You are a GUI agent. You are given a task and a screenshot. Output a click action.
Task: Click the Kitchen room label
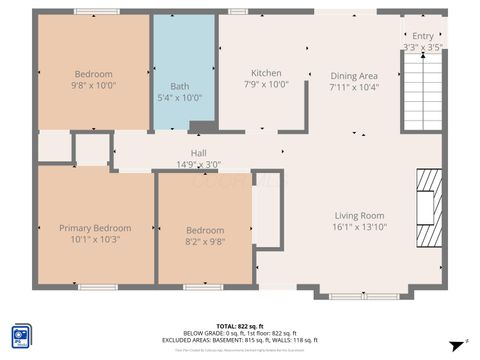pyautogui.click(x=266, y=73)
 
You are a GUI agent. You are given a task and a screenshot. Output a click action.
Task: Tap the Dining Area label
pyautogui.click(x=354, y=76)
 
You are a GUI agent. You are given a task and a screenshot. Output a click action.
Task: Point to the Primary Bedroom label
pyautogui.click(x=95, y=228)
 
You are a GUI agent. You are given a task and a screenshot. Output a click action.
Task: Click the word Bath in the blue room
pyautogui.click(x=180, y=86)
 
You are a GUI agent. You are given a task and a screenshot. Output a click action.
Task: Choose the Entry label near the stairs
pyautogui.click(x=423, y=36)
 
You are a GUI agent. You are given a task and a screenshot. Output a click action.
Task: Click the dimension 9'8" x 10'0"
pyautogui.click(x=94, y=86)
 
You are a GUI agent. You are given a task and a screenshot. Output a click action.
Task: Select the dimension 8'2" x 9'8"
pyautogui.click(x=205, y=241)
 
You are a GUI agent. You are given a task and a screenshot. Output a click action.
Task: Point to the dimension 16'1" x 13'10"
pyautogui.click(x=359, y=228)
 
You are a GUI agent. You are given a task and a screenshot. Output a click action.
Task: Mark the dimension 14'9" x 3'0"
pyautogui.click(x=198, y=165)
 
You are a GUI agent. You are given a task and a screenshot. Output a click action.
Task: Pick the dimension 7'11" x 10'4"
pyautogui.click(x=354, y=88)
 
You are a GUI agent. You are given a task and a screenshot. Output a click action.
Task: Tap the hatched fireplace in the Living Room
pyautogui.click(x=428, y=207)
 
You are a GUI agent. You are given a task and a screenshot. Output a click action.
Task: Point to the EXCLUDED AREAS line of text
pyautogui.click(x=239, y=340)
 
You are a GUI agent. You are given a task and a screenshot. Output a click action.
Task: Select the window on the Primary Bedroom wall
pyautogui.click(x=98, y=288)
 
